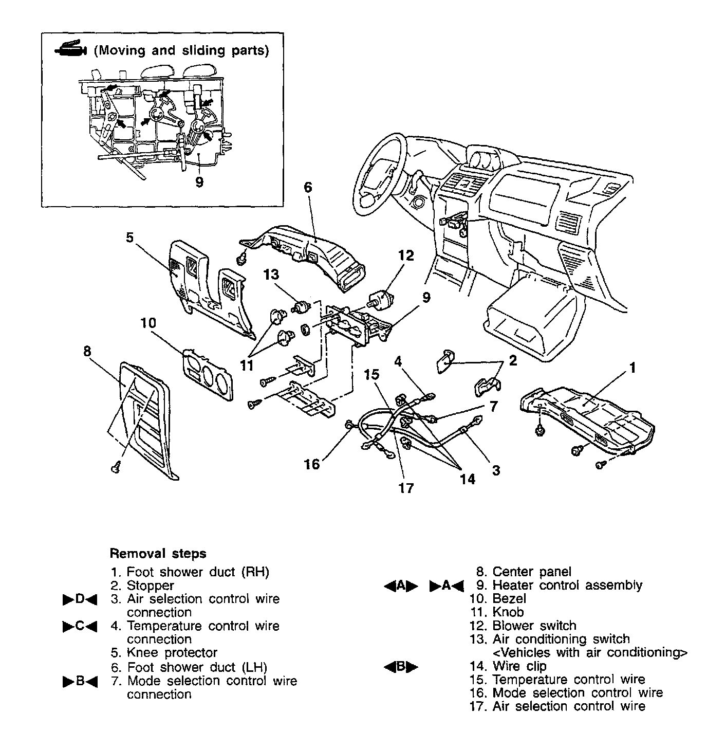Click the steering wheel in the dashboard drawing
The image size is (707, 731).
click(378, 172)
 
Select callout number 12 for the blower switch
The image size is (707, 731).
click(406, 255)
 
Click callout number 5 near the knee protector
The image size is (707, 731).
click(129, 237)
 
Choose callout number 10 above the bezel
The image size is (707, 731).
click(148, 323)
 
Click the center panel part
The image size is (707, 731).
click(146, 416)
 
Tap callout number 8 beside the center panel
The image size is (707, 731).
click(87, 351)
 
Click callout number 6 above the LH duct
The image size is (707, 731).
click(307, 187)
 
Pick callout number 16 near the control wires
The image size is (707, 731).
click(311, 465)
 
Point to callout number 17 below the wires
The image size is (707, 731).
click(406, 488)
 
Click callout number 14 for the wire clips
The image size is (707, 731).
click(467, 479)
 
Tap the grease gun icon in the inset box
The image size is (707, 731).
click(69, 49)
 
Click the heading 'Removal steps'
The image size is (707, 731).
click(158, 554)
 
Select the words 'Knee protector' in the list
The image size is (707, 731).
click(172, 653)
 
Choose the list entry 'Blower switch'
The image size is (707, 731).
click(534, 626)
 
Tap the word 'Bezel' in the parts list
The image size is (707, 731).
click(509, 598)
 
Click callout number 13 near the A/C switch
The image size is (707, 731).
click(271, 275)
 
